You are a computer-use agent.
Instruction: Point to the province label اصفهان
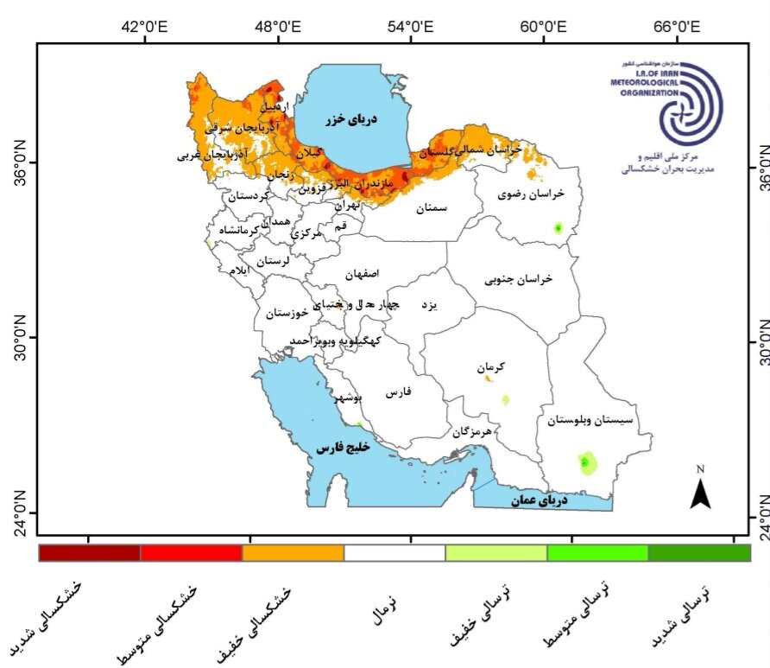pos(362,274)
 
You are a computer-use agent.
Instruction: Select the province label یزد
pos(429,306)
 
